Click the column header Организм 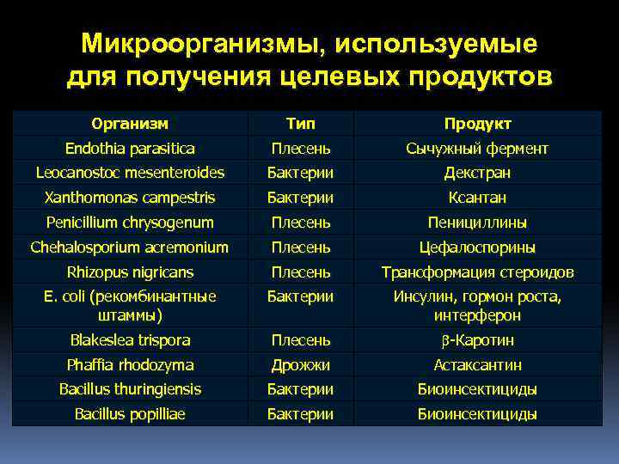tap(130, 124)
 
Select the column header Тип tap(300, 124)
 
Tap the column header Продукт tap(477, 124)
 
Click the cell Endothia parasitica tap(130, 149)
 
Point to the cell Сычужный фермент tap(477, 149)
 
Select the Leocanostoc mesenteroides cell tap(130, 173)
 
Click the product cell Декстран tap(477, 173)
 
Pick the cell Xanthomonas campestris tap(130, 198)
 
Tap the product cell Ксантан tap(477, 198)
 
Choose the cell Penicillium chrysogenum tap(130, 223)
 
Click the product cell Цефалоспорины tap(477, 247)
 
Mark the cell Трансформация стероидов tap(477, 272)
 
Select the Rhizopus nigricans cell tap(130, 272)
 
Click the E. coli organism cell tap(130, 306)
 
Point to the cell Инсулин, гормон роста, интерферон tap(477, 306)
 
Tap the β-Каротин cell tap(477, 339)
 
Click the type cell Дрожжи tap(300, 364)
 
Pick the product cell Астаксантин tap(477, 364)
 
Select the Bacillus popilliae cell tap(130, 414)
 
